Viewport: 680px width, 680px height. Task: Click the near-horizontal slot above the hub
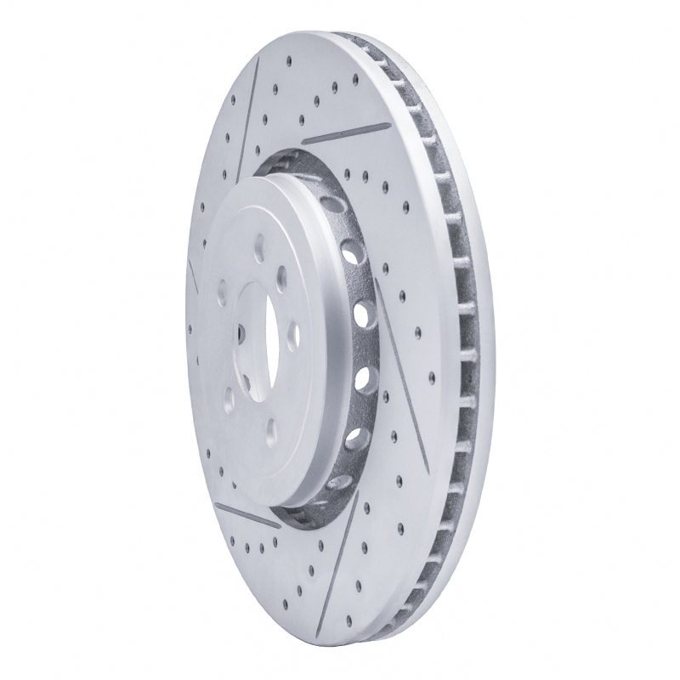tap(347, 132)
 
